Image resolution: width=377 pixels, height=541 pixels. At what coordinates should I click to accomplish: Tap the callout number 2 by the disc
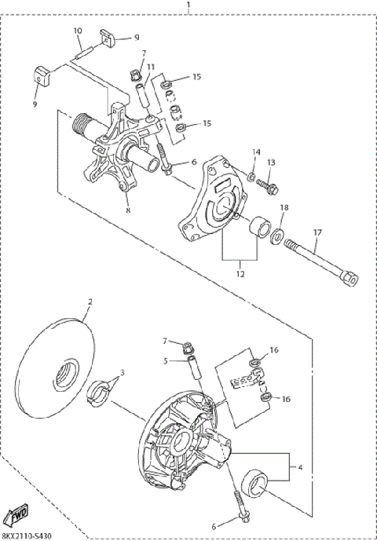pos(90,302)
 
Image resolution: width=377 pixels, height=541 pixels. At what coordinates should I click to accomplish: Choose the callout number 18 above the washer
pos(285,207)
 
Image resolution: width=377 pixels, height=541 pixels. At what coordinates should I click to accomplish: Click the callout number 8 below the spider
pos(128,210)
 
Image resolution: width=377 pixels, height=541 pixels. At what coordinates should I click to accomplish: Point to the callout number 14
pos(255,151)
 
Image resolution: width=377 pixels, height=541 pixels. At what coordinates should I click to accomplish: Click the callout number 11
pos(150,68)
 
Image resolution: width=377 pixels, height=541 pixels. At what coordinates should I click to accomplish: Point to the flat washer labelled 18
pos(279,233)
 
